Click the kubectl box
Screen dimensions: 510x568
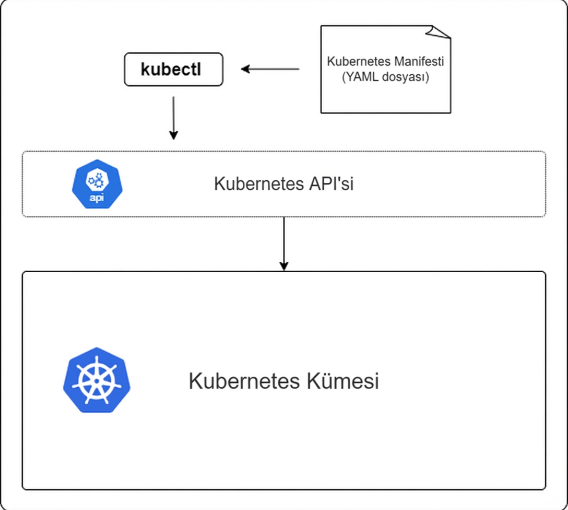point(173,69)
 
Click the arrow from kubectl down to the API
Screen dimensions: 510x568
point(173,116)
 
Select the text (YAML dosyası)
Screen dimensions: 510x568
point(385,78)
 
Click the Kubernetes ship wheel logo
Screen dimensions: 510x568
point(97,380)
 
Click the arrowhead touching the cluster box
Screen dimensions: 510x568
point(283,266)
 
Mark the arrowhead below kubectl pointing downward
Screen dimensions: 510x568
point(173,135)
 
